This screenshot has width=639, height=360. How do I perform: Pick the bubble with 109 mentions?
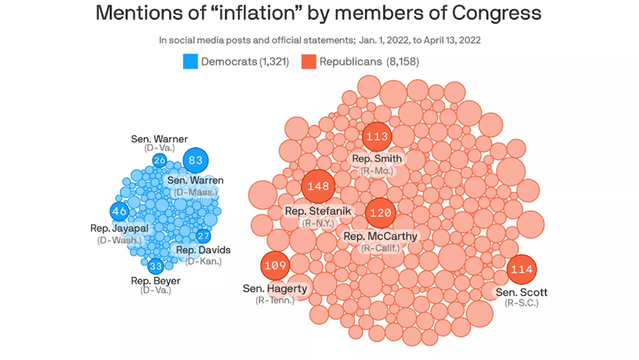(x=275, y=266)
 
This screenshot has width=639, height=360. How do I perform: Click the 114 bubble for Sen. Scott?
(x=522, y=269)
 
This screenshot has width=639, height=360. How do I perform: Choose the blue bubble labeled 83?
(x=196, y=160)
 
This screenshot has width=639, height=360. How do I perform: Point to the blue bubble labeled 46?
(x=119, y=212)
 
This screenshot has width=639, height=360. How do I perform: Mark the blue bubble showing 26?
(x=160, y=160)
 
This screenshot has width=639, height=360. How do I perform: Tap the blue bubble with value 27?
(x=204, y=236)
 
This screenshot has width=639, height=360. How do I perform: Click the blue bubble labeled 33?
(x=156, y=266)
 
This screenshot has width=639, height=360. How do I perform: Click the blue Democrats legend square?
(x=190, y=62)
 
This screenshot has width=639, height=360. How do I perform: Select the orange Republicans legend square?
(x=309, y=62)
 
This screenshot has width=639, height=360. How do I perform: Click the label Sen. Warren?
(x=195, y=180)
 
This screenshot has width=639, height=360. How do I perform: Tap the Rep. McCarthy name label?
(x=381, y=236)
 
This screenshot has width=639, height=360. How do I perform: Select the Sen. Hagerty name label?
(x=275, y=288)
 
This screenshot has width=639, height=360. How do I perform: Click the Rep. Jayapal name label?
(x=119, y=229)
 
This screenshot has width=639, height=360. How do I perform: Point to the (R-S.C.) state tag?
(x=522, y=303)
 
